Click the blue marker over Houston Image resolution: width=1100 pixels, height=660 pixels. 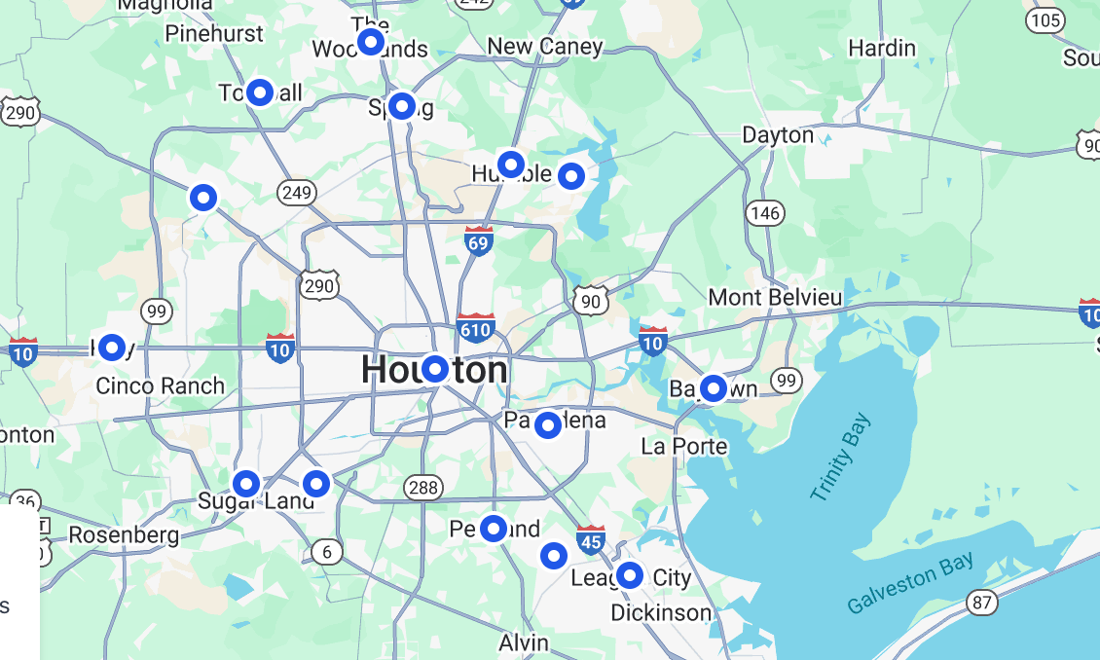pyautogui.click(x=434, y=369)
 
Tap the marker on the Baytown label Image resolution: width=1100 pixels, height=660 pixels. pyautogui.click(x=714, y=388)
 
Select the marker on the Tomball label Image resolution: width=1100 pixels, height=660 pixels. pyautogui.click(x=259, y=92)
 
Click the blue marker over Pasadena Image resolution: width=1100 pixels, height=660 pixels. pyautogui.click(x=548, y=424)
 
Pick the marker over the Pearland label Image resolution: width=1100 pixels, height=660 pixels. pyautogui.click(x=494, y=529)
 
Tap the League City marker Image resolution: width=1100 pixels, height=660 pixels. pyautogui.click(x=630, y=575)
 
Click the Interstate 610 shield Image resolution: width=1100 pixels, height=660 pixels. pyautogui.click(x=475, y=328)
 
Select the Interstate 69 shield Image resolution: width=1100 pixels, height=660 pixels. pyautogui.click(x=478, y=240)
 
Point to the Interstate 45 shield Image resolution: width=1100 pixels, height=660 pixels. pyautogui.click(x=591, y=539)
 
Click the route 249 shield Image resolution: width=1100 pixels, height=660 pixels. pyautogui.click(x=296, y=192)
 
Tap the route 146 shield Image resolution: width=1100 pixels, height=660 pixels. pyautogui.click(x=765, y=212)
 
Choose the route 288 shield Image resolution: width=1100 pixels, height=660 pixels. pyautogui.click(x=424, y=487)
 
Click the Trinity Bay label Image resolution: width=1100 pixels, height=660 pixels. pyautogui.click(x=841, y=458)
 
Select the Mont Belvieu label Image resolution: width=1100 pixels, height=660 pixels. pyautogui.click(x=775, y=297)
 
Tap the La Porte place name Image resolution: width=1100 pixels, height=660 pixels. pyautogui.click(x=684, y=446)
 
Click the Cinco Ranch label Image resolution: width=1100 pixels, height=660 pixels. pyautogui.click(x=160, y=385)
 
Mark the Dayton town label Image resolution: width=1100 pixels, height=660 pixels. pyautogui.click(x=777, y=134)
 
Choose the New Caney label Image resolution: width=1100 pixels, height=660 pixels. pyautogui.click(x=544, y=46)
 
